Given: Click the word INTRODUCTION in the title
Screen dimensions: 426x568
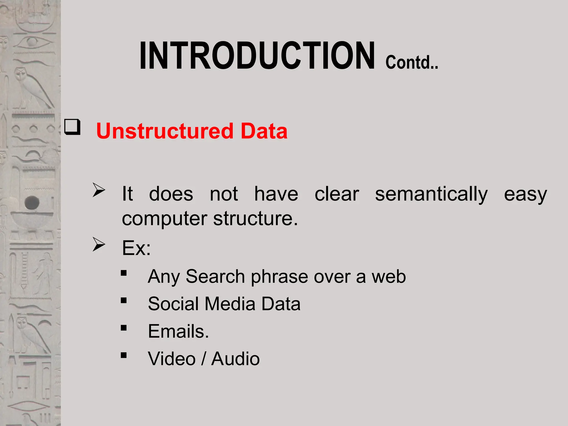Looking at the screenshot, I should [x=257, y=55].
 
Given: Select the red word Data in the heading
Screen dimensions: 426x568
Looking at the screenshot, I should [x=264, y=131].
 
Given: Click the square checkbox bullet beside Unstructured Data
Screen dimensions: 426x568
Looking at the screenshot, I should [x=72, y=127].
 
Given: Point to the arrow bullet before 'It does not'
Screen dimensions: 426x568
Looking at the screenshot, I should [x=99, y=190].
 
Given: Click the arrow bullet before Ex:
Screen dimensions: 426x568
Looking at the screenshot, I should [x=99, y=245].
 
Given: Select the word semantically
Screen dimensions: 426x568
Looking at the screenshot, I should [x=431, y=194].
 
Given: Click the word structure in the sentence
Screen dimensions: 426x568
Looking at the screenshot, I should [x=253, y=219].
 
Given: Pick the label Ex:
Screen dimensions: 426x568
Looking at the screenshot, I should [x=136, y=248].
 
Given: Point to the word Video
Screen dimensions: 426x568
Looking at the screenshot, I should [x=172, y=359].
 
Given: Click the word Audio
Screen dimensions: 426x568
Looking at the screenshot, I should [x=235, y=359].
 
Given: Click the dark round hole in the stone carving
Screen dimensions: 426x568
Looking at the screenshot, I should [x=32, y=202].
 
